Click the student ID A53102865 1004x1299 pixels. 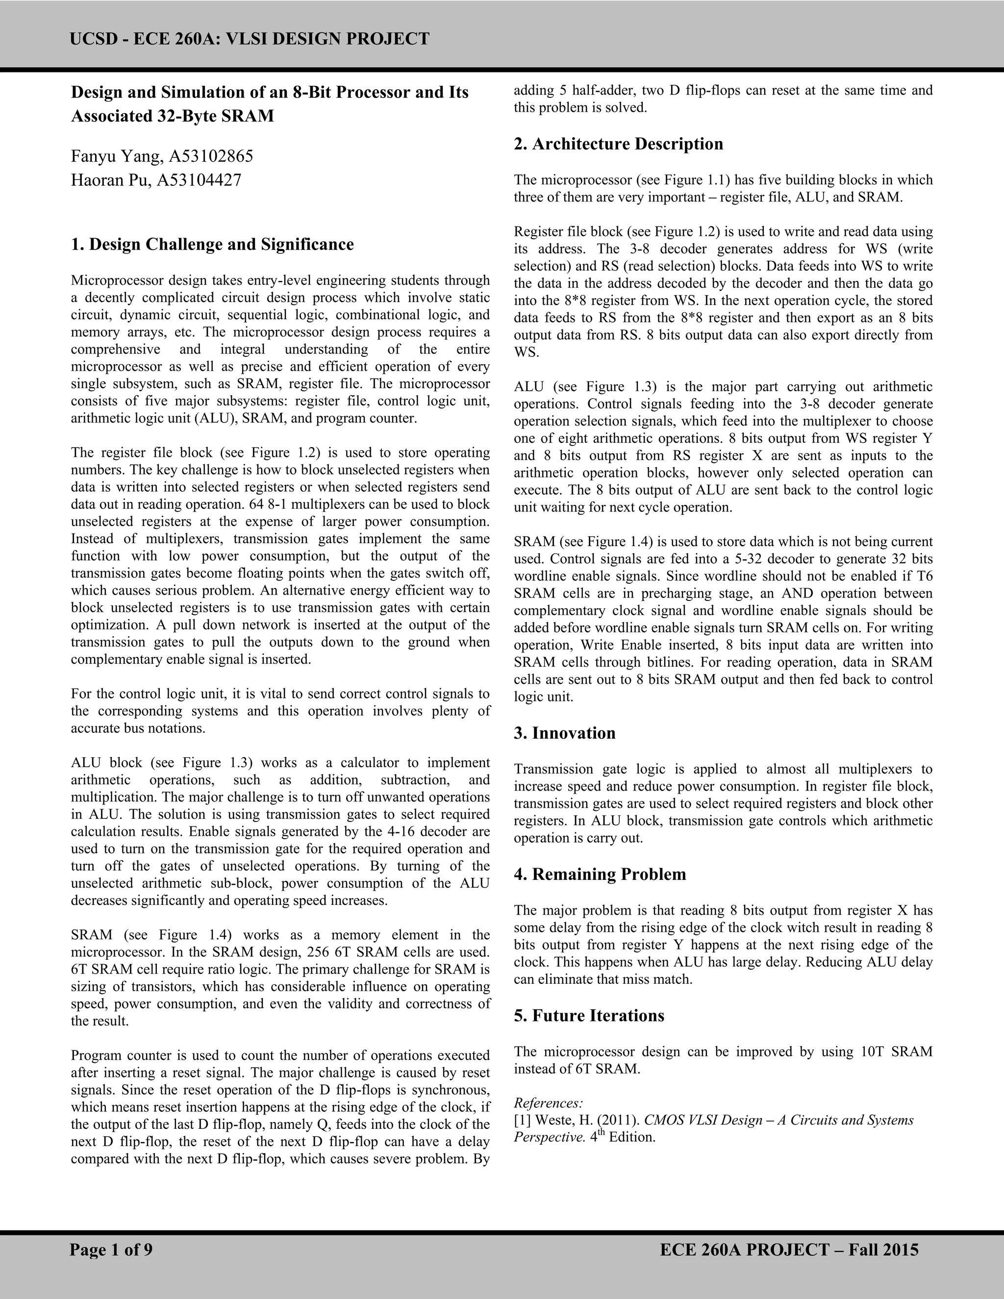pos(211,156)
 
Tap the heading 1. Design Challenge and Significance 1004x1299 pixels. pos(212,245)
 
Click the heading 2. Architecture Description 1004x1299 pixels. pos(619,144)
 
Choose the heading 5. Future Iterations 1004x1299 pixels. pos(589,1015)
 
